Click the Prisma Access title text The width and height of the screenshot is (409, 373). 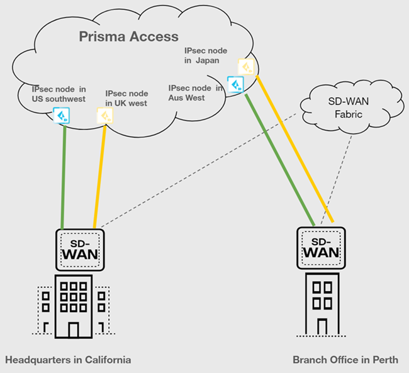(128, 36)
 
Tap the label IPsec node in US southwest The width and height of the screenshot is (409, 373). (59, 94)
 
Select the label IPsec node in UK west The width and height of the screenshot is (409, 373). (126, 97)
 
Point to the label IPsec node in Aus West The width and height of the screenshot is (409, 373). (195, 93)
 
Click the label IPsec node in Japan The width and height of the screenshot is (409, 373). (206, 55)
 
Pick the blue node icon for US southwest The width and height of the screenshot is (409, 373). (61, 116)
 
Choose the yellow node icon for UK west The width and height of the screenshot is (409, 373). (104, 115)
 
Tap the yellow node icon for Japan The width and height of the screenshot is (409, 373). (246, 66)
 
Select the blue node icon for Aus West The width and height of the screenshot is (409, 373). (235, 84)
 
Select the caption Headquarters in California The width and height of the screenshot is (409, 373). (68, 360)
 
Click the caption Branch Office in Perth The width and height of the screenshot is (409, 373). (345, 360)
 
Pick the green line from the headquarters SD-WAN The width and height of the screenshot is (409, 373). (63, 176)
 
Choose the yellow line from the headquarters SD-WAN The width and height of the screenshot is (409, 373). (99, 176)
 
